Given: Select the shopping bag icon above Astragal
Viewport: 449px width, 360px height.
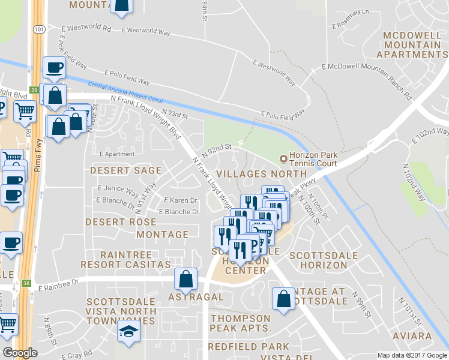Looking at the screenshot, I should click(186, 279).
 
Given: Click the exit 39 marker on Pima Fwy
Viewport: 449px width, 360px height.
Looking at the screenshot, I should click(34, 89).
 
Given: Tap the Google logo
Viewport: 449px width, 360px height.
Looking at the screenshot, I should click(20, 352).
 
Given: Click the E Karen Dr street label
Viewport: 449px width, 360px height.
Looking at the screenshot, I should click(181, 200).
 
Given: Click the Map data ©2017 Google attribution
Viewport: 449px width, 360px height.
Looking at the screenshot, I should click(412, 355).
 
